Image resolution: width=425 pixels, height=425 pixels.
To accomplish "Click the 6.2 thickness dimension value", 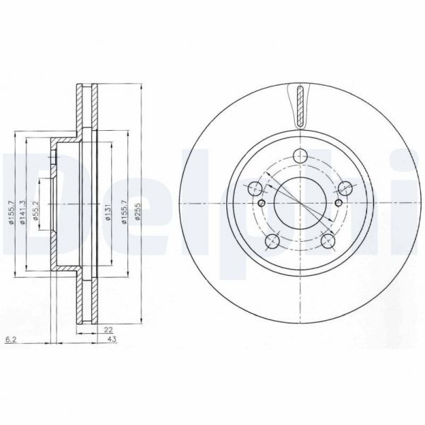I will pos(9,340).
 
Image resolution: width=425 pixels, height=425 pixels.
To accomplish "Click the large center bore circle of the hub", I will pos(300,204).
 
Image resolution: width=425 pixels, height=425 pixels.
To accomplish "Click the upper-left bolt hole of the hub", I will pos(255,188).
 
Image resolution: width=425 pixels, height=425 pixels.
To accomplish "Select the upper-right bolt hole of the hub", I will pos(345,188).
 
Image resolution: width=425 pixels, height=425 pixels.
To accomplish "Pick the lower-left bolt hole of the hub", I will pos(272,242).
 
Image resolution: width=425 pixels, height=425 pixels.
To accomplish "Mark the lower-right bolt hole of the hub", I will pos(327,242).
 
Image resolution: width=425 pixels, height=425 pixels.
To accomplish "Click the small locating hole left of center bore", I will pos(262,204).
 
